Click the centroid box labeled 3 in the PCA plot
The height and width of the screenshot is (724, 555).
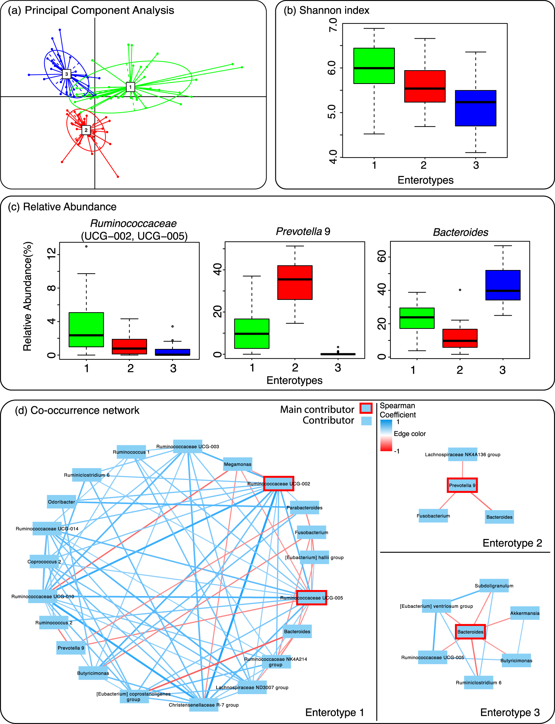coord(66,74)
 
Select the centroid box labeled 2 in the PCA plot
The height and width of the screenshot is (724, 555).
coord(86,130)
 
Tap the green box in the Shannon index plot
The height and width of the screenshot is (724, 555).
coord(374,66)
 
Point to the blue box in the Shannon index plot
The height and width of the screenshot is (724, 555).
coord(475,108)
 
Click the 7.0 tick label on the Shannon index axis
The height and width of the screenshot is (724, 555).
coord(333,25)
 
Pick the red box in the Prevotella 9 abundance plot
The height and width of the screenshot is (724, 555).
coord(295,282)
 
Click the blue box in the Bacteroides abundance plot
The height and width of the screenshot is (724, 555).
coord(503,285)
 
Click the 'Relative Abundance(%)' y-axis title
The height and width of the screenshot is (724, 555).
coord(28,297)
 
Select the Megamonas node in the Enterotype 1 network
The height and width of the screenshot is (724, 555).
coord(238,464)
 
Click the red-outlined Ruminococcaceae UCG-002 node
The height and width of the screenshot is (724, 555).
coord(278,484)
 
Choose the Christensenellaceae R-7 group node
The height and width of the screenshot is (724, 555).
coord(203,705)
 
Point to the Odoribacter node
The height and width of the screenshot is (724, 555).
coord(61,502)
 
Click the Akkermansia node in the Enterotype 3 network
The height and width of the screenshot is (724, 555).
coord(525,613)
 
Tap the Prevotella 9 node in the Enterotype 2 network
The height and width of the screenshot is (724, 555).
coord(462,485)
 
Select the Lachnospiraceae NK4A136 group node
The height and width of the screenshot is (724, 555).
coord(462,455)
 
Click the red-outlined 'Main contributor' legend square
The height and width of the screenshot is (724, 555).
coord(366,408)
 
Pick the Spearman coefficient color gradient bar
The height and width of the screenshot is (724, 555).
coord(386,435)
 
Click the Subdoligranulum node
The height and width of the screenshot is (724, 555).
coord(494,586)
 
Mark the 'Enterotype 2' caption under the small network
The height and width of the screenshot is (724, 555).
coord(512,543)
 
